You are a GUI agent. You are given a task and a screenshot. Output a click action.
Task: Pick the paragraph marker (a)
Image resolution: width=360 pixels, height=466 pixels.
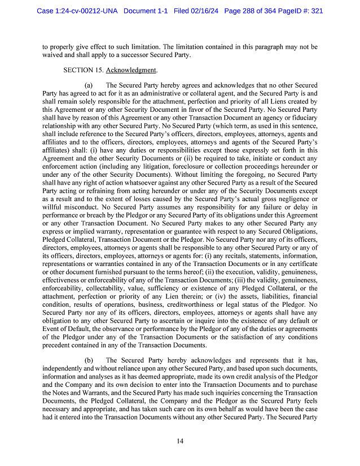pos(89,84)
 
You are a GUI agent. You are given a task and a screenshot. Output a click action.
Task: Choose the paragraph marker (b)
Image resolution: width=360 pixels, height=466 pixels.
pos(89,360)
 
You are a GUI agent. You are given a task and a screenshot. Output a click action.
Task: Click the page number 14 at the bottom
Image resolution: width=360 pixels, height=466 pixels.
pos(180,441)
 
